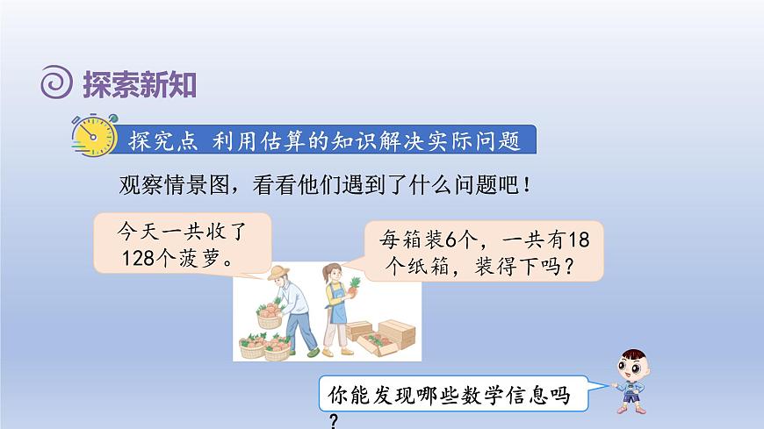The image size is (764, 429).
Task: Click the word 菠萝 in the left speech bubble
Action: tap(204, 260)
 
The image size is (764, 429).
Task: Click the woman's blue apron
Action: tap(335, 307)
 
